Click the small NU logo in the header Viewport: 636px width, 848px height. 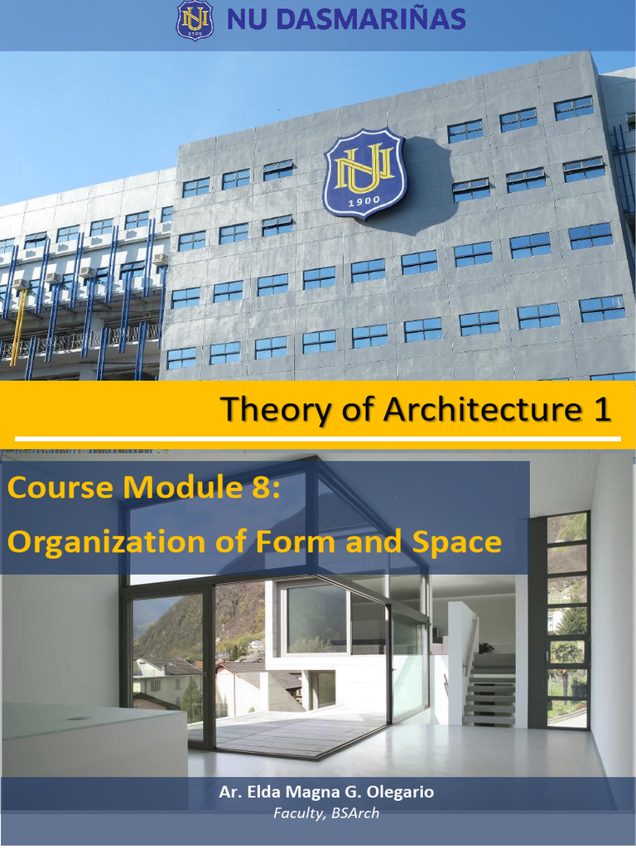click(x=195, y=20)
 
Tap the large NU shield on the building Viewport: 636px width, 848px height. click(x=364, y=173)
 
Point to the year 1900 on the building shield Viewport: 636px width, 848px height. click(x=364, y=201)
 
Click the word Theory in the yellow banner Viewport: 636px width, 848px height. click(x=267, y=409)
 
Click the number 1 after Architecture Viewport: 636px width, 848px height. click(x=601, y=409)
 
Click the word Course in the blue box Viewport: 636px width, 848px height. click(x=60, y=487)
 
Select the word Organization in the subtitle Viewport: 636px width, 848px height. click(x=106, y=542)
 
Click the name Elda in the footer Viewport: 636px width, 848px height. click(x=263, y=793)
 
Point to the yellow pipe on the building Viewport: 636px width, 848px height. click(x=17, y=323)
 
